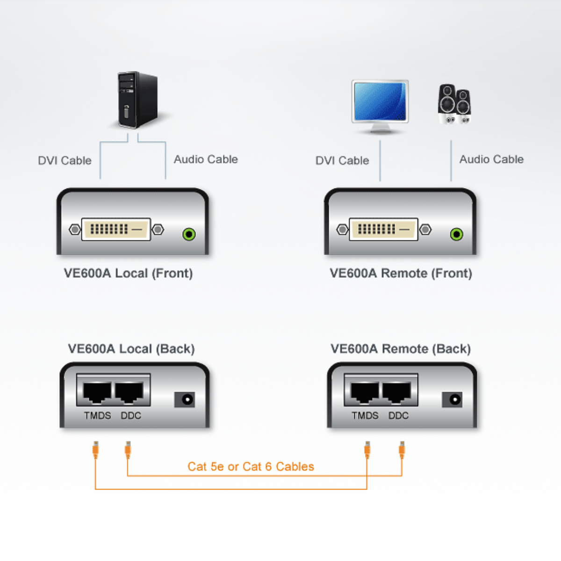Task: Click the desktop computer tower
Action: click(x=137, y=99)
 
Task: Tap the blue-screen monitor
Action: click(x=380, y=102)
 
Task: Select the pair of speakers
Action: click(x=454, y=104)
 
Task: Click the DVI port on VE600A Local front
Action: click(x=116, y=229)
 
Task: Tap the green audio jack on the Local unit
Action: click(x=189, y=234)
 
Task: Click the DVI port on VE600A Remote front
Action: click(x=384, y=229)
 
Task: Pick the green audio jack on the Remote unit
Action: click(x=457, y=234)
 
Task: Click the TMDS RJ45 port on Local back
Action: click(x=97, y=392)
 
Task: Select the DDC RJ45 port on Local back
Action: click(x=129, y=392)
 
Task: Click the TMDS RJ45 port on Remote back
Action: click(x=365, y=392)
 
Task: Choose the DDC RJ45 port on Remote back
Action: click(x=397, y=392)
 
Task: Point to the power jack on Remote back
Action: click(x=453, y=399)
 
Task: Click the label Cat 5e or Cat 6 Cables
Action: click(x=251, y=467)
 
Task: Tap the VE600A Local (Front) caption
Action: click(x=128, y=273)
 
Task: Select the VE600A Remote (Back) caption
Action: click(x=401, y=349)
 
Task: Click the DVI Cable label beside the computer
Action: click(x=65, y=160)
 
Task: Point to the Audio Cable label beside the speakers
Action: click(x=491, y=159)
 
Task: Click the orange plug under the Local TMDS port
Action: click(x=95, y=450)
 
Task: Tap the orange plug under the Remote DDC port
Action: click(x=402, y=450)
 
